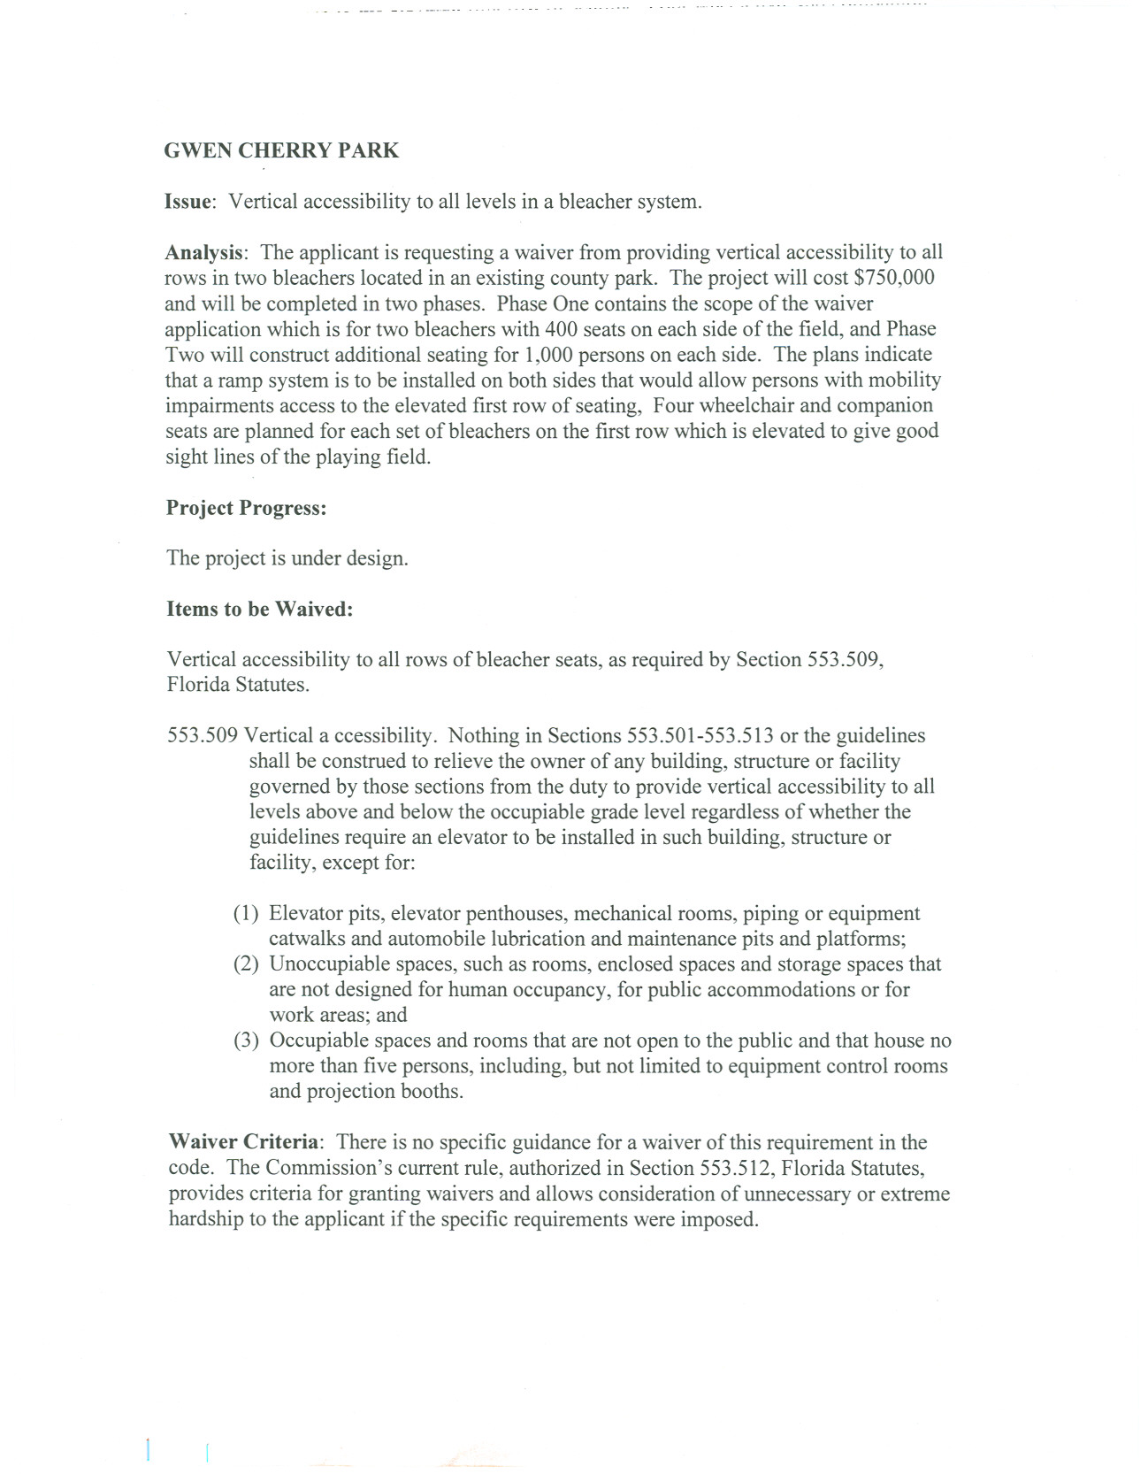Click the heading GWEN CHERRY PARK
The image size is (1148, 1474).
pyautogui.click(x=281, y=150)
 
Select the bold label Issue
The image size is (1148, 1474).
pyautogui.click(x=188, y=202)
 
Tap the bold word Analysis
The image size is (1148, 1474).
pyautogui.click(x=203, y=253)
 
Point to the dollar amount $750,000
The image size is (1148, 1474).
pyautogui.click(x=893, y=278)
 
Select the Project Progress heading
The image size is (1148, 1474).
pyautogui.click(x=246, y=508)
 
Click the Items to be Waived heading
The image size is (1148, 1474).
pyautogui.click(x=259, y=610)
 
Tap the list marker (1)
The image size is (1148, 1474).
pyautogui.click(x=246, y=914)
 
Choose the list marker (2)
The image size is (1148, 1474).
pyautogui.click(x=246, y=964)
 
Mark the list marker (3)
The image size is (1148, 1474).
pyautogui.click(x=246, y=1041)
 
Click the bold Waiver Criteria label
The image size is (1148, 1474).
pyautogui.click(x=243, y=1142)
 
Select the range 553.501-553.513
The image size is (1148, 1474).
pyautogui.click(x=700, y=736)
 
